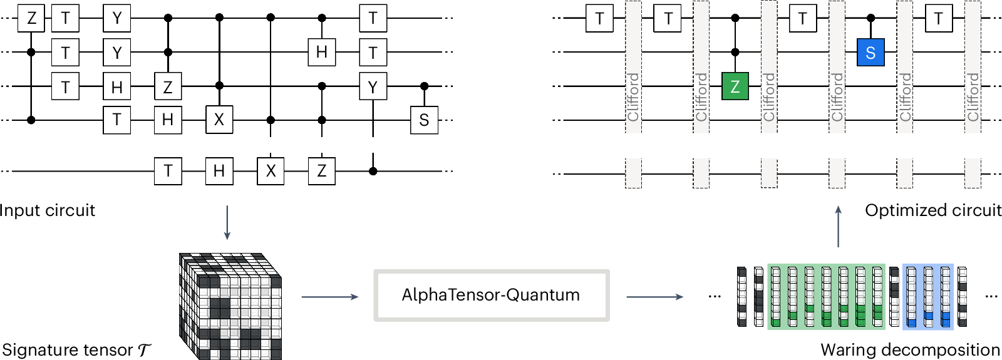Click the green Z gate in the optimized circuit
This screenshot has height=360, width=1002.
coord(735,86)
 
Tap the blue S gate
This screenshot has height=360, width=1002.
coord(870,53)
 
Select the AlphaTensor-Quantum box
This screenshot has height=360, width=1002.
coord(491,296)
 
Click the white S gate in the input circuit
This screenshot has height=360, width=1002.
coord(424,120)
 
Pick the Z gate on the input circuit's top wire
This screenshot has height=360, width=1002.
coord(31,19)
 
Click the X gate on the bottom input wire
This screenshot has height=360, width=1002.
coord(271,171)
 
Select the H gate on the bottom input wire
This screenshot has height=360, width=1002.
coord(219,171)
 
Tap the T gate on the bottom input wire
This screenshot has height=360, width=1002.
coord(168,171)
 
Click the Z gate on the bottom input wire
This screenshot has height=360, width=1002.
coord(322,171)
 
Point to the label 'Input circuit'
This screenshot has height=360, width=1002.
coord(48,210)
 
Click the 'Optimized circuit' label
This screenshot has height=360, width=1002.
coord(932,210)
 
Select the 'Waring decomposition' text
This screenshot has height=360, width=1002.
coord(910,349)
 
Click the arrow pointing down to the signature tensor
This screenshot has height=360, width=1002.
coord(227,222)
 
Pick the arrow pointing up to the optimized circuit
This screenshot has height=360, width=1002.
coord(839,226)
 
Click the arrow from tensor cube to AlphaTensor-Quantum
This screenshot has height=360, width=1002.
coord(329,296)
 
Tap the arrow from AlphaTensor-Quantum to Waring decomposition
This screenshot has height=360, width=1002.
coord(654,296)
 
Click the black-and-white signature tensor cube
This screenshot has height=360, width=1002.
coord(231,306)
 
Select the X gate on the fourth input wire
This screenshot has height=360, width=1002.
coord(219,120)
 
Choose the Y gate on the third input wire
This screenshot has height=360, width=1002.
coord(373,86)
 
